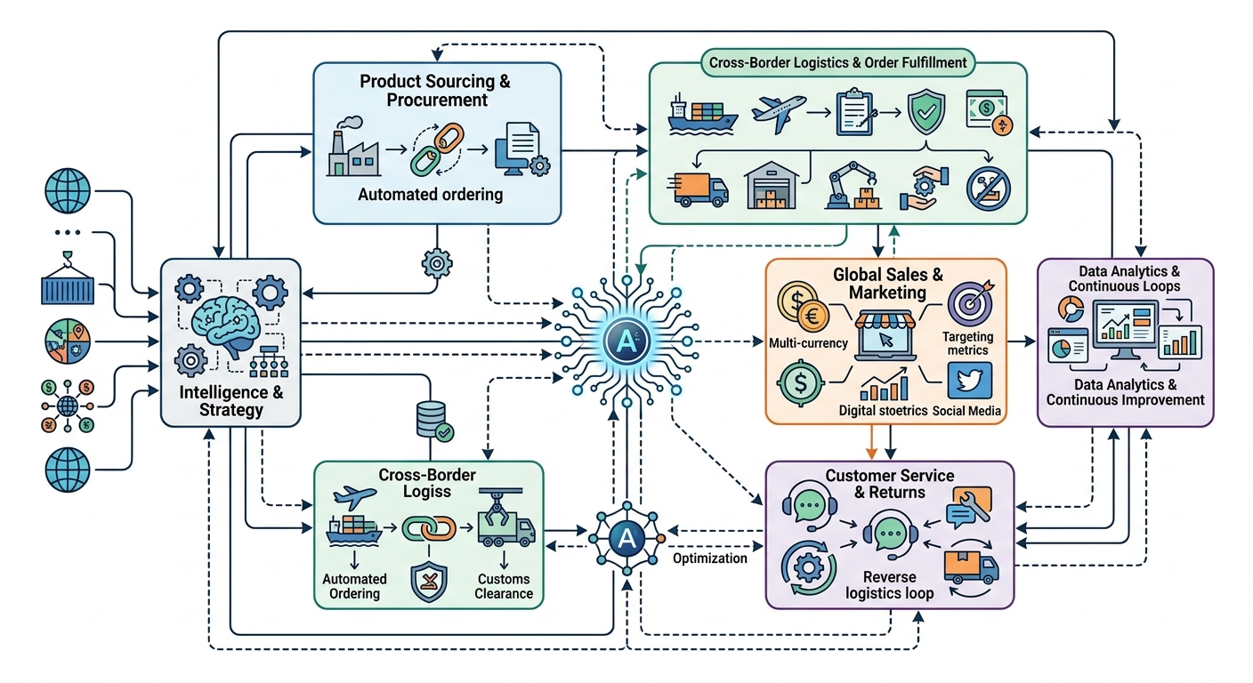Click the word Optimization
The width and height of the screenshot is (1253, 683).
coord(709,558)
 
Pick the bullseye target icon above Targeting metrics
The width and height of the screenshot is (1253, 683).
coord(966,303)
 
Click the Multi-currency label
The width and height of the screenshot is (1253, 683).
coord(807,342)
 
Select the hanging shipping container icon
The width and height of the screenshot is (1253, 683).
coord(68,282)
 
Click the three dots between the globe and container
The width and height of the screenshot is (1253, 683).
coord(68,233)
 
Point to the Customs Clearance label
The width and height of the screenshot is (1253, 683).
coord(504,586)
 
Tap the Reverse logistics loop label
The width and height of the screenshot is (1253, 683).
coord(889,585)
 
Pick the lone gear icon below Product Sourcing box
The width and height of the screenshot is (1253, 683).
coord(436,263)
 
